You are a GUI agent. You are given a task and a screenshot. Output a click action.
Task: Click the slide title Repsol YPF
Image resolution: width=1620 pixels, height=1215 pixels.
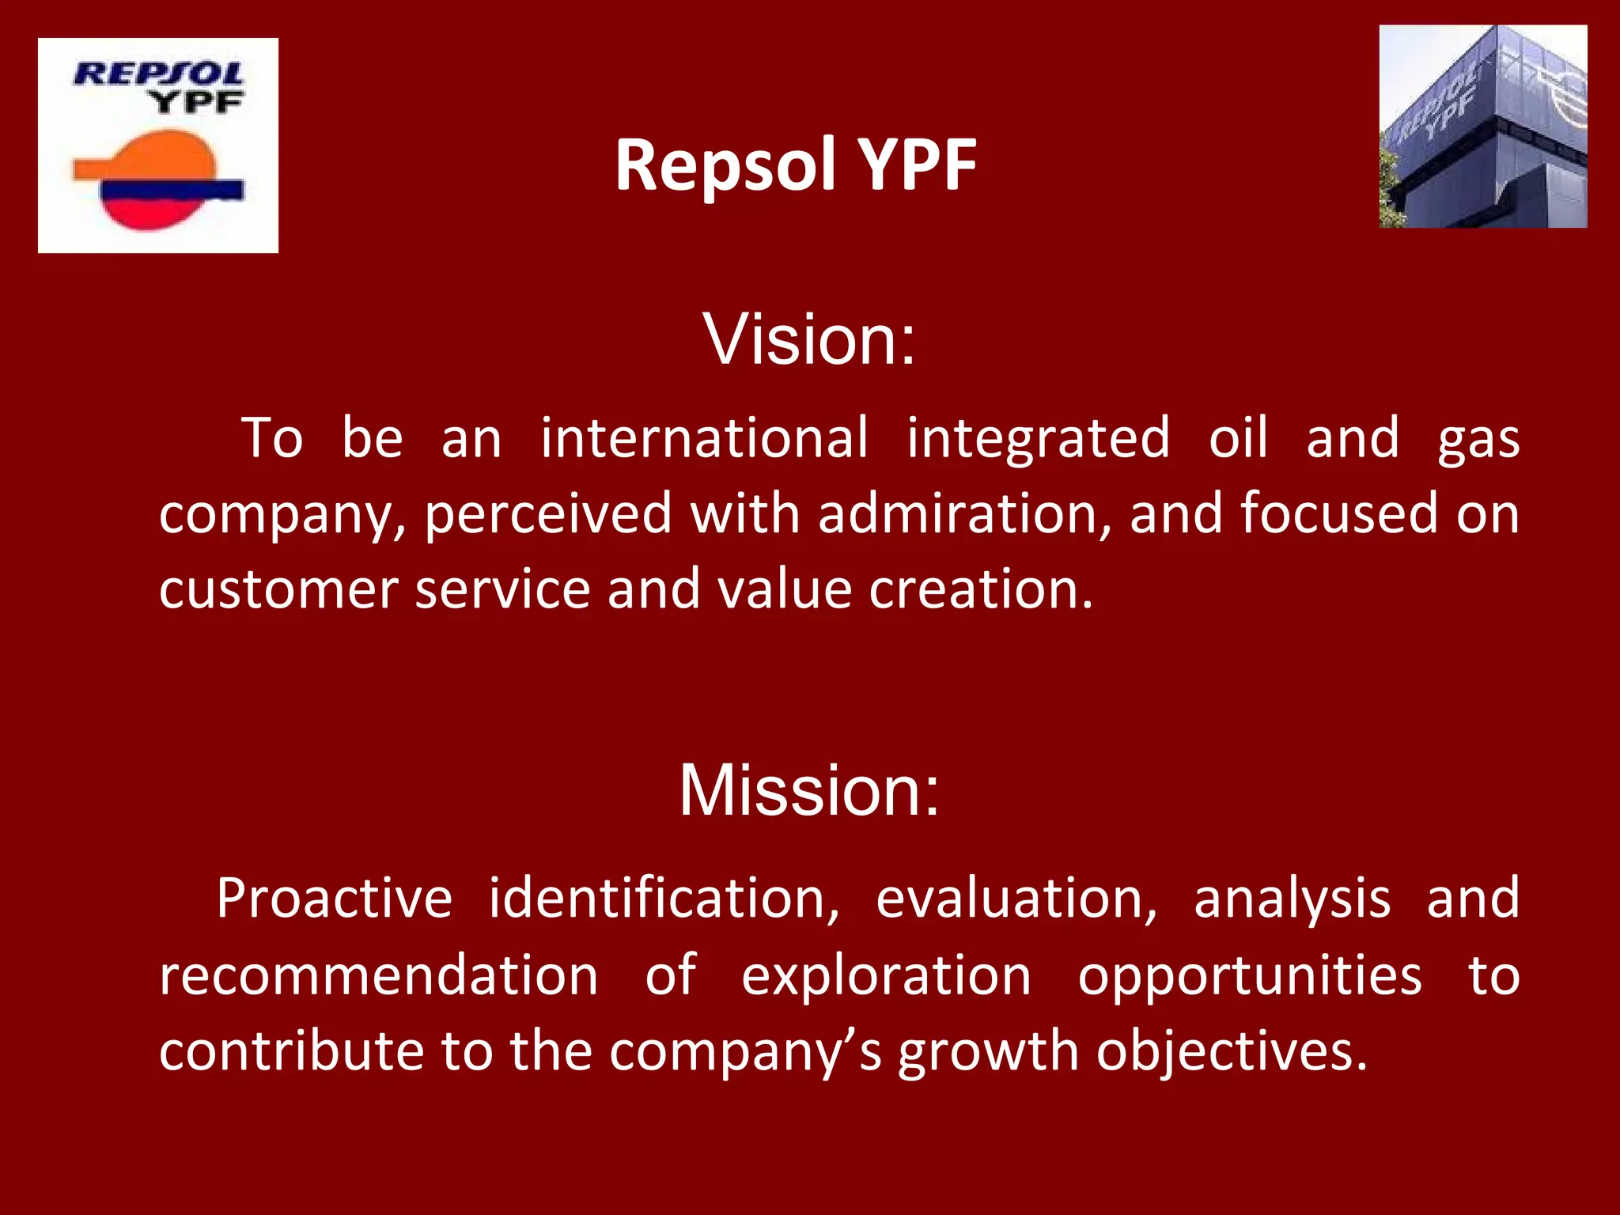click(x=796, y=165)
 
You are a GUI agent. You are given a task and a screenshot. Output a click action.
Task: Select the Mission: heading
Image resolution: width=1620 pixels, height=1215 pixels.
click(x=808, y=791)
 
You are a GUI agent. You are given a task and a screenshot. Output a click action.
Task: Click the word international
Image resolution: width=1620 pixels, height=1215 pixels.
click(x=704, y=437)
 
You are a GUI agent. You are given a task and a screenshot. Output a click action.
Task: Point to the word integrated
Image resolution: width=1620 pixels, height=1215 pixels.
click(x=1038, y=437)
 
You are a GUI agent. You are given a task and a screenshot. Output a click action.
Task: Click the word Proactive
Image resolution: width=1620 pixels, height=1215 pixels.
click(x=334, y=899)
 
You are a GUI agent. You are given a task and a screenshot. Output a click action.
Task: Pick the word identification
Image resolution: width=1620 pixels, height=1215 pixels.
click(x=663, y=899)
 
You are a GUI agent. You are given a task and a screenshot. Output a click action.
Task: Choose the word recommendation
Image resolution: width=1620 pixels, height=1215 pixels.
click(x=378, y=975)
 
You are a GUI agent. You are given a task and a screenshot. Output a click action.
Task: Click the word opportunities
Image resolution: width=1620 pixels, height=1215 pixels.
click(x=1250, y=975)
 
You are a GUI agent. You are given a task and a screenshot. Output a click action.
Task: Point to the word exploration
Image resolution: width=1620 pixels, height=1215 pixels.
click(x=886, y=975)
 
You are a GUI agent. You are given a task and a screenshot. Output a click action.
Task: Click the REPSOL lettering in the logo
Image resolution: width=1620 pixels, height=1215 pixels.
click(x=158, y=74)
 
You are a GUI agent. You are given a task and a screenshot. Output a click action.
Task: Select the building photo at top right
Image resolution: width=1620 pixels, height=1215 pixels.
click(x=1482, y=127)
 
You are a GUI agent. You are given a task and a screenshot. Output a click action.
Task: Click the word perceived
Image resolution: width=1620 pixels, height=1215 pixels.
click(x=547, y=515)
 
